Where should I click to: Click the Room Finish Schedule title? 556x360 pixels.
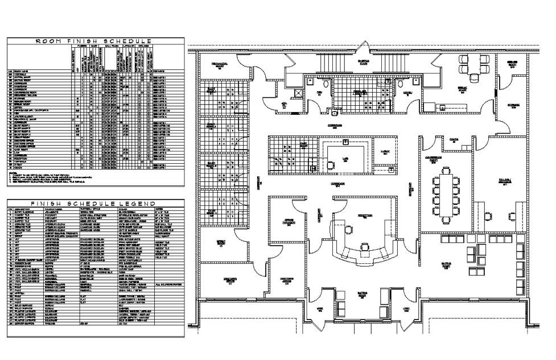coord(94,41)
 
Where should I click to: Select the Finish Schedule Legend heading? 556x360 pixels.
coord(94,203)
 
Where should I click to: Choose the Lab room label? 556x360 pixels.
coord(345,161)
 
